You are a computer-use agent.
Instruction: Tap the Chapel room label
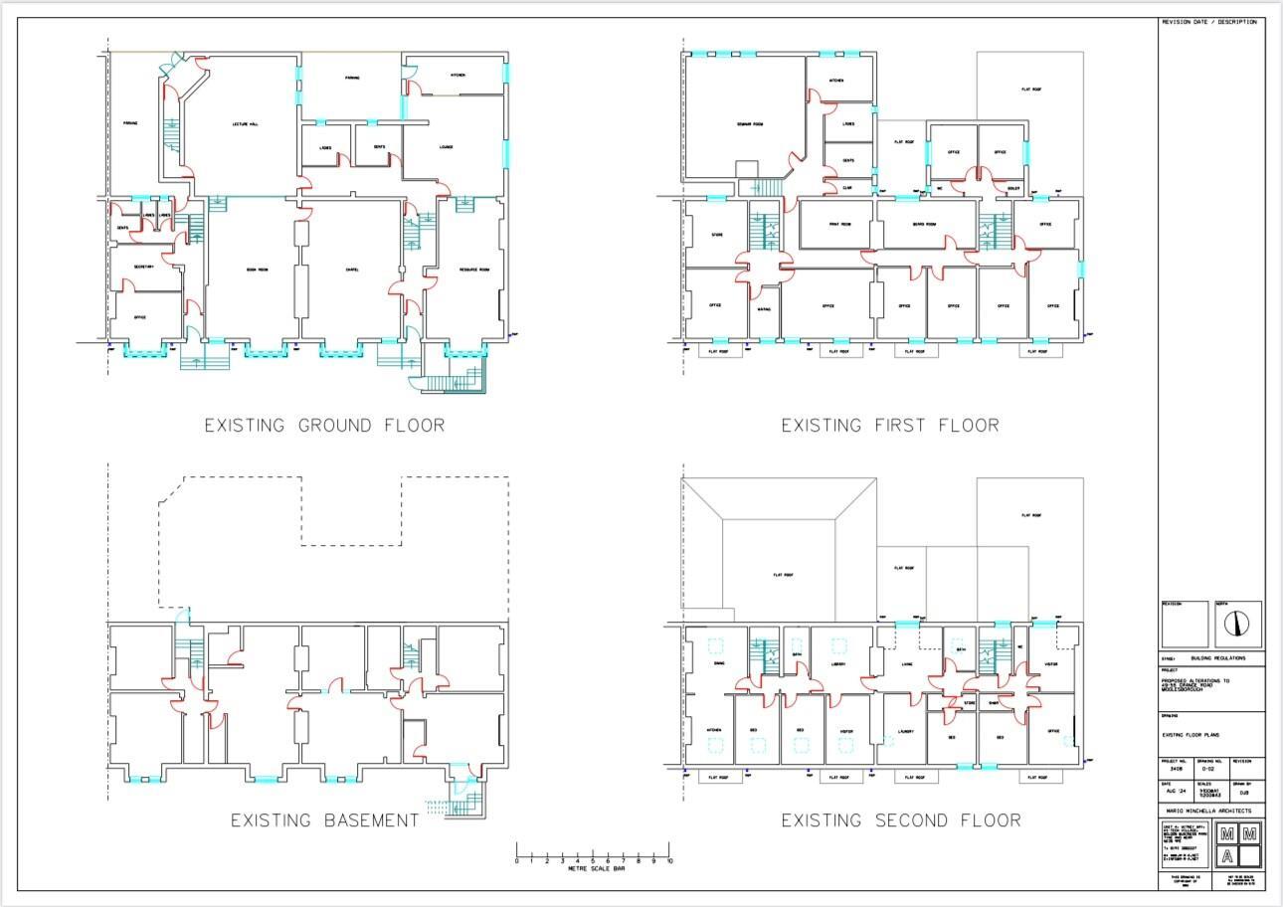[352, 270]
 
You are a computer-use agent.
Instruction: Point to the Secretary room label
[142, 266]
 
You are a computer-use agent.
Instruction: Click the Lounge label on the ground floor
[446, 146]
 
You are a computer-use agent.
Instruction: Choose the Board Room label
[925, 224]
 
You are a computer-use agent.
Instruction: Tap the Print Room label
[839, 224]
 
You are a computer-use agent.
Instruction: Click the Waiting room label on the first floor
[764, 309]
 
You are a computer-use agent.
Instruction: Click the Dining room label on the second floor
[718, 662]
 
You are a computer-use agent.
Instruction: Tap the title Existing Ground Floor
[324, 426]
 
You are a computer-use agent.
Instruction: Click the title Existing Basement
[324, 820]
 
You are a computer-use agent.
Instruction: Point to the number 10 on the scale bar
[669, 861]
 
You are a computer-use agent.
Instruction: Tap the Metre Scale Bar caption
[594, 869]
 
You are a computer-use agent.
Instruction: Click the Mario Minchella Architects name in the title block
[1211, 811]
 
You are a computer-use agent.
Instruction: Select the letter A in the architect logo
[1227, 856]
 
